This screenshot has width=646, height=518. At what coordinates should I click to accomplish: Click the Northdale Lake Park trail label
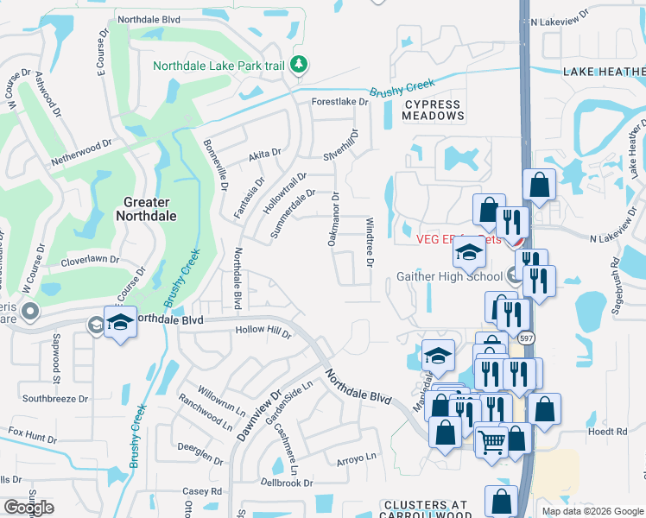tap(219, 66)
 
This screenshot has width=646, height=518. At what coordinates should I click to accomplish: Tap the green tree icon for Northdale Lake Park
tap(299, 65)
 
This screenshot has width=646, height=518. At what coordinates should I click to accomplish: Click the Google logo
tap(28, 508)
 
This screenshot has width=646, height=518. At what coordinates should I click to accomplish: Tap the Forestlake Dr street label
tap(339, 101)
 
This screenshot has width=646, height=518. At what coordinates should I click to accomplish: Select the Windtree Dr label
tap(370, 241)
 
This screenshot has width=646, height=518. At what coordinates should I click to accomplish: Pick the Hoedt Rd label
tap(607, 431)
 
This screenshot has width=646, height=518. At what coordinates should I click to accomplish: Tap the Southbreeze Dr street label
tap(55, 399)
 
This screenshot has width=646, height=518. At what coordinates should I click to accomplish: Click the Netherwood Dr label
tap(82, 147)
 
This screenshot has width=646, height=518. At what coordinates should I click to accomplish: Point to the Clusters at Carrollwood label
tap(426, 509)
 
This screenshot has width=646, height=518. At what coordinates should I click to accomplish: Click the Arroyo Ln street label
tap(357, 456)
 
